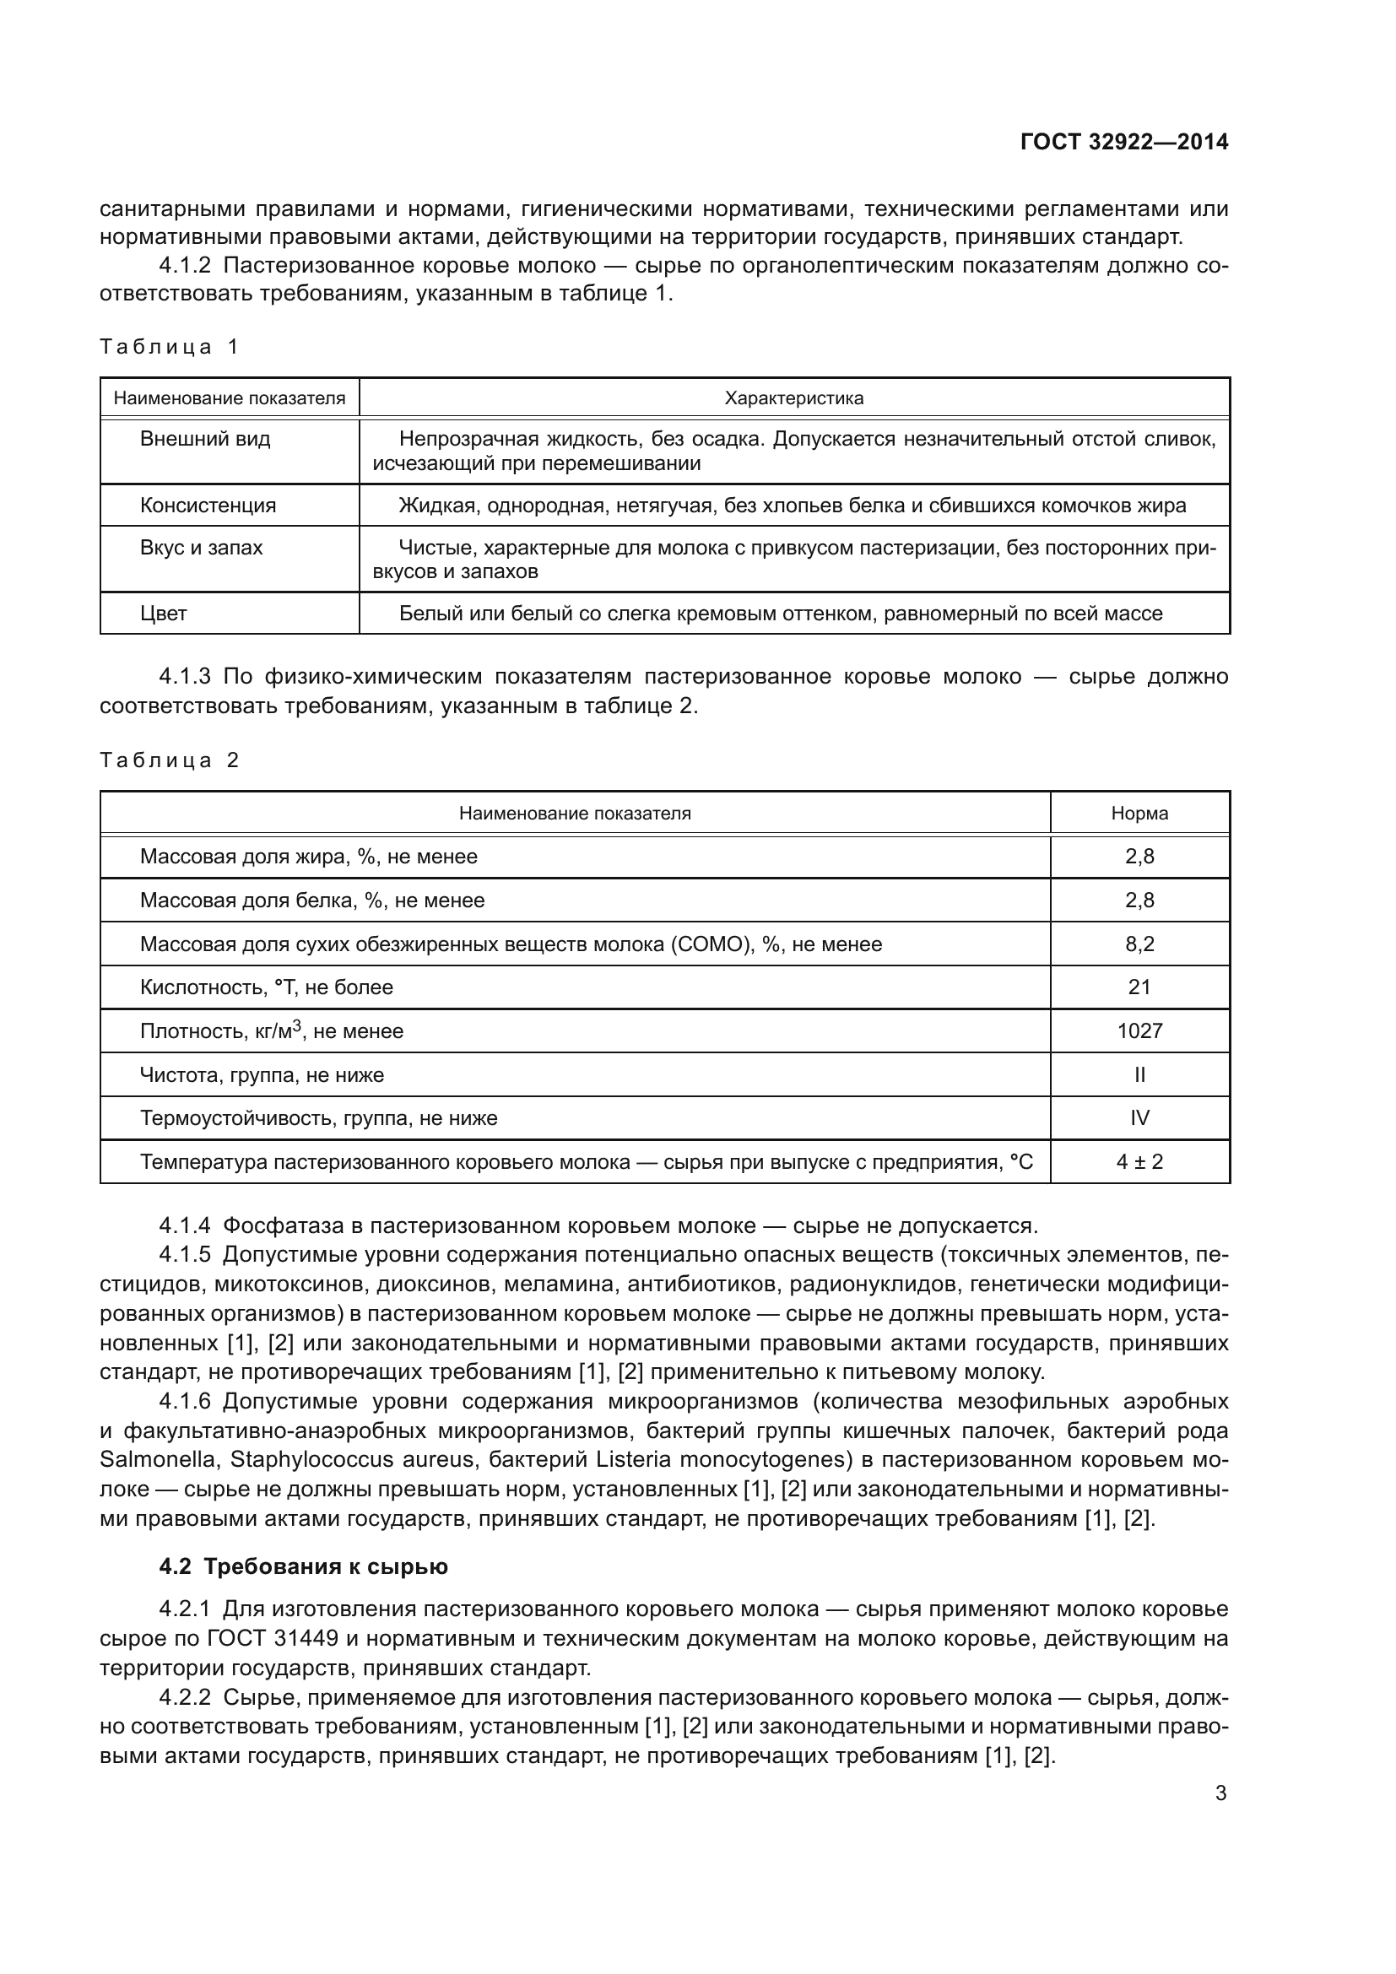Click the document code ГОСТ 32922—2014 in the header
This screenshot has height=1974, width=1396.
tap(1123, 142)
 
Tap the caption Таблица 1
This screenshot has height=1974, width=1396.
tap(169, 347)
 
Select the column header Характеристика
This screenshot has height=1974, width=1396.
tap(793, 398)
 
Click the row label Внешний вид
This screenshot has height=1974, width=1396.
tap(204, 440)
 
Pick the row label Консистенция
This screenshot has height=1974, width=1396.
tap(208, 506)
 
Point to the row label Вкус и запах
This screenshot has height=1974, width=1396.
tap(201, 548)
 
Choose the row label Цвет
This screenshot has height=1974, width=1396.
tap(164, 614)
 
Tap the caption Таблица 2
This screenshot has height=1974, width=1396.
tap(169, 760)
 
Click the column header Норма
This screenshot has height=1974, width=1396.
tap(1139, 814)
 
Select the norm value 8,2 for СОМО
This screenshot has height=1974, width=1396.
tap(1139, 944)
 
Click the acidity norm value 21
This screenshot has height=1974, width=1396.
tap(1139, 987)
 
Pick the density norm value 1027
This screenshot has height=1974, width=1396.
tap(1139, 1030)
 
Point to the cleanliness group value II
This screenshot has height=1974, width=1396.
tap(1139, 1074)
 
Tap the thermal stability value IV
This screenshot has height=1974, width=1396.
tap(1139, 1118)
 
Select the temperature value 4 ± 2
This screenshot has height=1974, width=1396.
tap(1139, 1162)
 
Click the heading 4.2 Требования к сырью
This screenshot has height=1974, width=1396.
tap(304, 1567)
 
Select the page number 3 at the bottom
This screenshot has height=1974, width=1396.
tap(1220, 1793)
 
